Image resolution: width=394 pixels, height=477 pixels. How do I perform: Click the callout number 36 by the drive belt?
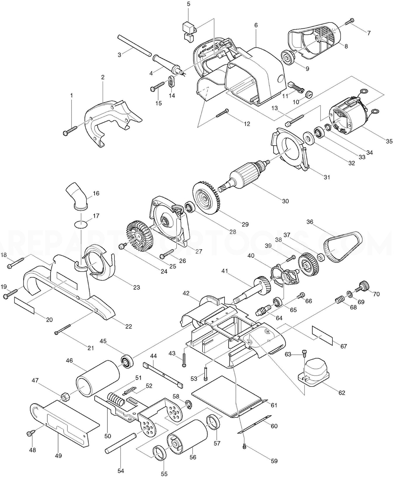click(x=310, y=222)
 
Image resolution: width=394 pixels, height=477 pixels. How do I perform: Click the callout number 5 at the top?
click(x=188, y=4)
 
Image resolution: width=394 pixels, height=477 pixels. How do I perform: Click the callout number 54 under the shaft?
click(x=121, y=471)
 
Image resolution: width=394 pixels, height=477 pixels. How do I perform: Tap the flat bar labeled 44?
click(x=163, y=375)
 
